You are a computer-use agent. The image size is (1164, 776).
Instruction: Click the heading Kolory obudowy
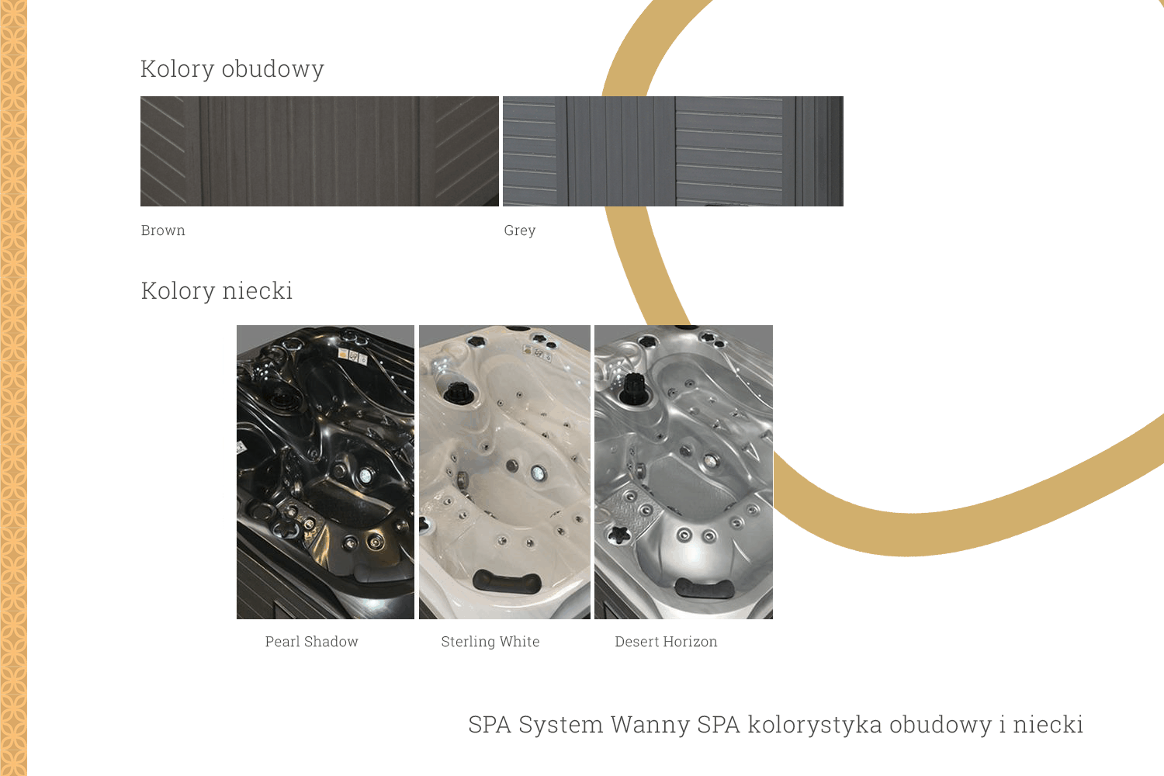click(232, 69)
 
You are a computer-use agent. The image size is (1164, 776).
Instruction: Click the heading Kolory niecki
click(217, 290)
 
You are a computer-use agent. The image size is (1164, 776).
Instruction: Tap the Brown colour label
click(163, 230)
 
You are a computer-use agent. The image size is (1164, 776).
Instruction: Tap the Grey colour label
click(520, 230)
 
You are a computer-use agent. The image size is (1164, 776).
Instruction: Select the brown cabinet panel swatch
click(320, 151)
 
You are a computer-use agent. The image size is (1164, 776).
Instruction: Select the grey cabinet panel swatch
click(673, 151)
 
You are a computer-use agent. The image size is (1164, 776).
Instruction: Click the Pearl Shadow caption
click(312, 642)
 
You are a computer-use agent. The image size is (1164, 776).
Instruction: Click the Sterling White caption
click(490, 642)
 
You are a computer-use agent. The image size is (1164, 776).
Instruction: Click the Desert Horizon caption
click(666, 642)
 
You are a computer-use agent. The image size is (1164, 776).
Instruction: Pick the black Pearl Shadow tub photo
click(325, 472)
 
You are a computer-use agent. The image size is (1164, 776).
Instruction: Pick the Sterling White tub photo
click(504, 472)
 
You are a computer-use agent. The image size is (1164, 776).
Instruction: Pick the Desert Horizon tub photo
click(684, 472)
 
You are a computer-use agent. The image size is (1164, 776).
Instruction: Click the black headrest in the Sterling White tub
click(508, 581)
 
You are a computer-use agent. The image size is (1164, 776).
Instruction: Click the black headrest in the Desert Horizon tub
click(704, 589)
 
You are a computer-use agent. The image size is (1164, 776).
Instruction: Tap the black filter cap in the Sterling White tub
click(459, 393)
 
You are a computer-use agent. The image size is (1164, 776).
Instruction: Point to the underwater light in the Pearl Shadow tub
click(365, 475)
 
